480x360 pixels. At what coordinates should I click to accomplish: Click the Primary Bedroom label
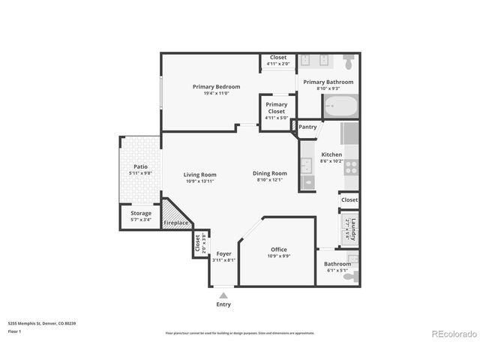(210, 86)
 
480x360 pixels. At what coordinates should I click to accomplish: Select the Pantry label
(307, 127)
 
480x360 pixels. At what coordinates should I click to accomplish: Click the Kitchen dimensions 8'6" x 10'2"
(331, 161)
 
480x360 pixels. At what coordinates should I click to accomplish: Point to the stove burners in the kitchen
(351, 168)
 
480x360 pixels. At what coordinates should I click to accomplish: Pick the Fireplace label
(175, 223)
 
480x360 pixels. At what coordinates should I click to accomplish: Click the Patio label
(139, 166)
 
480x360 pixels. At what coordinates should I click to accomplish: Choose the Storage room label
(140, 213)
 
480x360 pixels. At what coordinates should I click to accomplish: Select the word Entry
(223, 304)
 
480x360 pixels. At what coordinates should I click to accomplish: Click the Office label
(279, 250)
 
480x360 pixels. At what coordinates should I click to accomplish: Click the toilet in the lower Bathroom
(351, 277)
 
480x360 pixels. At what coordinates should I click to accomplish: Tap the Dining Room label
(269, 173)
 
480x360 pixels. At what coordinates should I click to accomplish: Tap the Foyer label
(223, 253)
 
